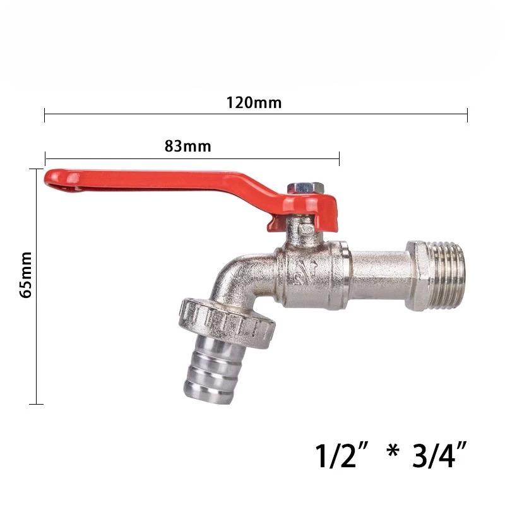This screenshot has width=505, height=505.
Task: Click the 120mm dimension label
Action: pyautogui.click(x=254, y=103)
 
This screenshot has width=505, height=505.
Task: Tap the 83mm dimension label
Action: pyautogui.click(x=187, y=146)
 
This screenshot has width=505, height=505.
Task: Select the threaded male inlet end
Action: pyautogui.click(x=446, y=275)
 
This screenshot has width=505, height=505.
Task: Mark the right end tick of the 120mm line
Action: pyautogui.click(x=467, y=115)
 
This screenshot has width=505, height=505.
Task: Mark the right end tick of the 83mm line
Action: pyautogui.click(x=339, y=158)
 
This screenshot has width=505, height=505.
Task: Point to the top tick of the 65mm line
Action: pyautogui.click(x=36, y=169)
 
